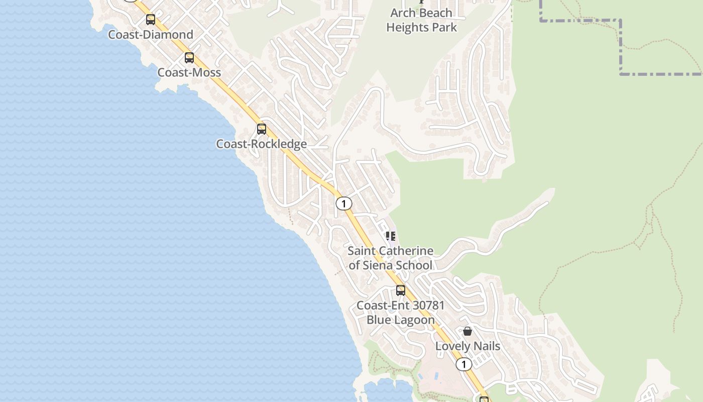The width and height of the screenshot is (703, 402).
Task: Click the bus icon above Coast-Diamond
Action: coord(151,20)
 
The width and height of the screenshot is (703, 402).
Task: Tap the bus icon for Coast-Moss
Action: coord(189,58)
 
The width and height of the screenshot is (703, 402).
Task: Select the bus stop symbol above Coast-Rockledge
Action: coord(262,129)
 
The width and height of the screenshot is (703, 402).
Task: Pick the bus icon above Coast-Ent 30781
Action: coord(401,290)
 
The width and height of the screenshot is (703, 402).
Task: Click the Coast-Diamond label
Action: coord(151,35)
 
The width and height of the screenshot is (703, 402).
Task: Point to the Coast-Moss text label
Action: coord(189,72)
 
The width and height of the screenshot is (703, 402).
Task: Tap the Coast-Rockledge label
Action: coord(261,144)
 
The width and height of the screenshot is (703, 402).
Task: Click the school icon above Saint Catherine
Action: coord(391,236)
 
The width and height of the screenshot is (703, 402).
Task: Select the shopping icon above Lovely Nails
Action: coord(467,331)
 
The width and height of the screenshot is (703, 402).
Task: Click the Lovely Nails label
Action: coord(467,346)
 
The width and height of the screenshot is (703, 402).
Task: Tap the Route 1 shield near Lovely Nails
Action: coord(463,364)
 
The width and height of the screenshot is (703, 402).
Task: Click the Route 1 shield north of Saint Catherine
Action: coord(344,204)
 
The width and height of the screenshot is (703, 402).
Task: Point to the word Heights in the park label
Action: coord(406,27)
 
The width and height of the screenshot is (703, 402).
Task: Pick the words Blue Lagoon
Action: coord(400,320)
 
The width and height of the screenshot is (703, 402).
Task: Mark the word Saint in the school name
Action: coord(362,251)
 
